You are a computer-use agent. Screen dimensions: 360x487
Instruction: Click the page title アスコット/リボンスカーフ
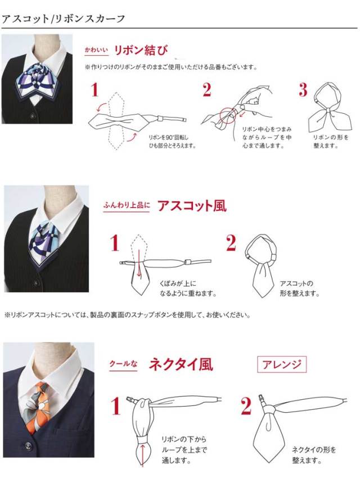coord(64,19)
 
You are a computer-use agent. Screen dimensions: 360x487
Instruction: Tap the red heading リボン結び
coord(141,50)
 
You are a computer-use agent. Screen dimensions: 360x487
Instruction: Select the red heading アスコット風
coord(192,206)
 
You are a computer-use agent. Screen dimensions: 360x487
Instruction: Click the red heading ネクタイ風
coord(181,364)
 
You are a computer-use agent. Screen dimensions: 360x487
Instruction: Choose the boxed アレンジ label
coord(282,364)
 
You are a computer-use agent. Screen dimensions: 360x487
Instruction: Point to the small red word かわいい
coord(96,49)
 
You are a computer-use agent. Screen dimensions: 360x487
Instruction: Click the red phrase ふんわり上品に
coord(127,205)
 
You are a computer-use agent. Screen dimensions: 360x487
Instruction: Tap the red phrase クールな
coord(123,364)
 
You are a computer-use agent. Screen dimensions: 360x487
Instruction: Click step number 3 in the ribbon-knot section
coord(303,90)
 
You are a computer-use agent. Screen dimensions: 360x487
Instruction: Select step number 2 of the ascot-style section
coord(231,242)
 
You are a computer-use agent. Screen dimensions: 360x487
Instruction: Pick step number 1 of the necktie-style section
coord(115,405)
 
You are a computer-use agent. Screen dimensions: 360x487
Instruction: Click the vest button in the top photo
coord(32,116)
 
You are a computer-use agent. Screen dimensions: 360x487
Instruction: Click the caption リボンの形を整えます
coord(331,141)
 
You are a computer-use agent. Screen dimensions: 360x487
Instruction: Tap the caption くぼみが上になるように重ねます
coord(188,288)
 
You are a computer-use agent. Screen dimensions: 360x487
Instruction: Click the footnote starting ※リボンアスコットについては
coord(127,315)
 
